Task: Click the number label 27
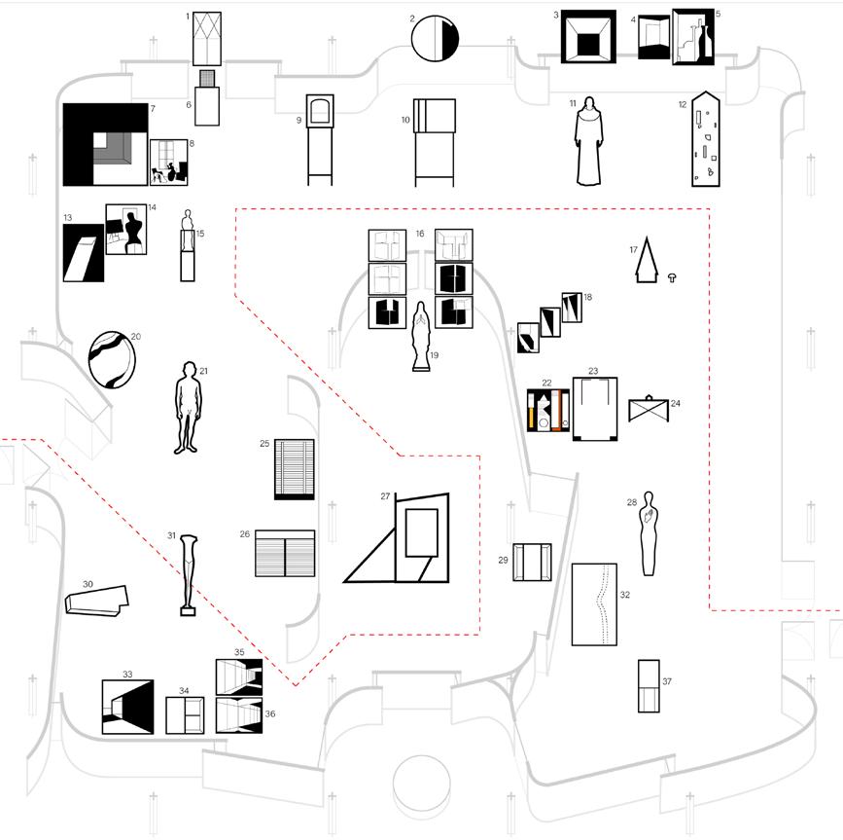[385, 496]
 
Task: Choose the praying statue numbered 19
[421, 337]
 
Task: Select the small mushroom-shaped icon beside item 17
[672, 278]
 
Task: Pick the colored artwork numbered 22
[545, 410]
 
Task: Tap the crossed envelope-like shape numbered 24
[650, 408]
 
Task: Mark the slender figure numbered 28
[649, 536]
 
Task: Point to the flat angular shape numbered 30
[95, 600]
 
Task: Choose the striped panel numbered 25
[295, 469]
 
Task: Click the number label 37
[667, 681]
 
